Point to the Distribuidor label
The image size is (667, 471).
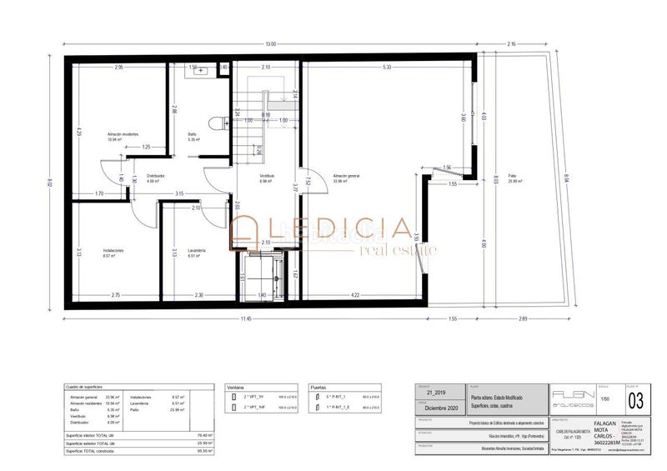[155, 176]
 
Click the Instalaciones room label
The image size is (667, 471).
[114, 250]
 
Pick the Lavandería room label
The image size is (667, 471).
[197, 250]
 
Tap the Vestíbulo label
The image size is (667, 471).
[267, 176]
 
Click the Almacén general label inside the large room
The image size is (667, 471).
[345, 176]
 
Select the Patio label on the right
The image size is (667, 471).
[516, 176]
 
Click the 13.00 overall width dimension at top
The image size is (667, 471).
[271, 43]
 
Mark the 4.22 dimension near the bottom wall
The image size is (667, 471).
[355, 295]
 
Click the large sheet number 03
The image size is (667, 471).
[636, 402]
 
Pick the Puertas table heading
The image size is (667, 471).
[318, 388]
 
